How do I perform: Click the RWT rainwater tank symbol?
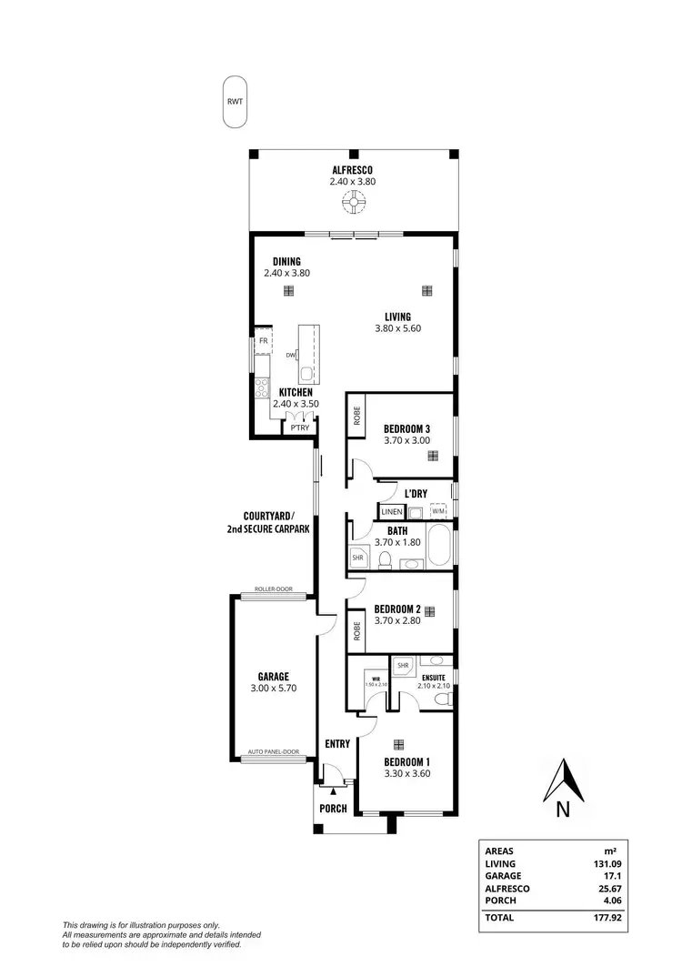(236, 103)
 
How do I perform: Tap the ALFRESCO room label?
(352, 170)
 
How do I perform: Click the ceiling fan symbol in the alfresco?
(352, 205)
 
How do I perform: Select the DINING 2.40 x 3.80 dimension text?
(287, 273)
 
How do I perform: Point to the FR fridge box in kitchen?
(263, 340)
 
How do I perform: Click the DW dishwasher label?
(290, 355)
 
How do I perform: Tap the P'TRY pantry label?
(296, 428)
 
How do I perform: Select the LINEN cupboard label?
(392, 512)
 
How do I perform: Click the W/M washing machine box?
(438, 512)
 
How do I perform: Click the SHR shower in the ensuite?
(403, 666)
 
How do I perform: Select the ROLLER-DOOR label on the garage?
(273, 589)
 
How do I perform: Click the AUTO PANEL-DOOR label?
(274, 752)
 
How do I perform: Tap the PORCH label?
(333, 808)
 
